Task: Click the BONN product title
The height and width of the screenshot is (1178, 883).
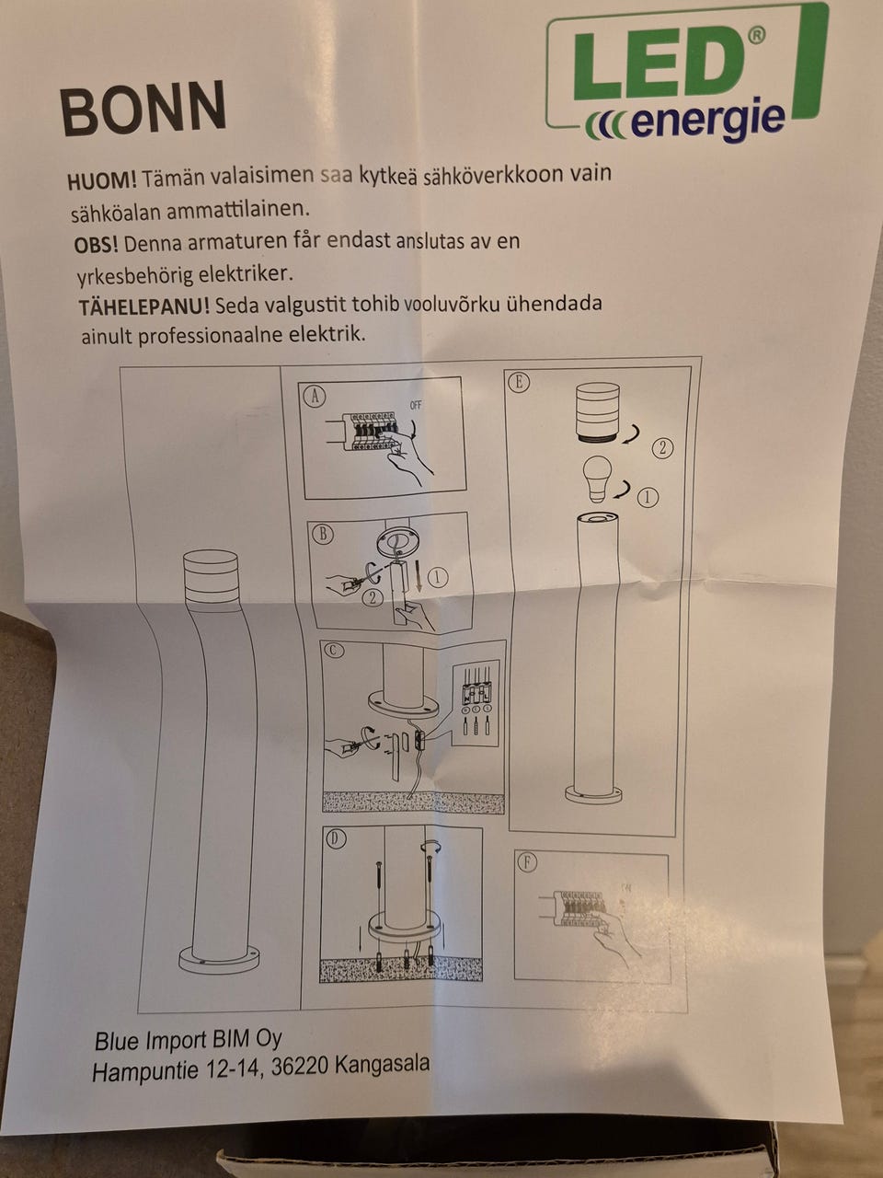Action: click(x=143, y=109)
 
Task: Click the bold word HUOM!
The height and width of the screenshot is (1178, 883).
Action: click(x=102, y=179)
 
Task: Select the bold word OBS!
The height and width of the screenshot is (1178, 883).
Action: click(x=96, y=246)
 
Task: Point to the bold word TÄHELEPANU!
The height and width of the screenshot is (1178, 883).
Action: click(x=144, y=307)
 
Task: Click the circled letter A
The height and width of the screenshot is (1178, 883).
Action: click(x=315, y=396)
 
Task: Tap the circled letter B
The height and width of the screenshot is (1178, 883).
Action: click(x=323, y=534)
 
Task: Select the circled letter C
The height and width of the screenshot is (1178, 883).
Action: click(x=333, y=650)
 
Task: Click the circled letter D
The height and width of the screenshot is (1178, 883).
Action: click(x=336, y=839)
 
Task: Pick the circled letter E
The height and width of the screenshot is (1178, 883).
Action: click(x=519, y=382)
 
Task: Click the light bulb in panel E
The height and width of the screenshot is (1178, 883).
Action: click(x=597, y=479)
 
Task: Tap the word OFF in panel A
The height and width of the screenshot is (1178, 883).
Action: click(x=416, y=405)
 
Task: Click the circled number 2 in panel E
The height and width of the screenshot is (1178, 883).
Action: click(x=662, y=447)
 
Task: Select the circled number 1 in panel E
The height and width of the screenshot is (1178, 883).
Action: click(x=648, y=498)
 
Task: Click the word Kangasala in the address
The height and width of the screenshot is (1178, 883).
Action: click(x=382, y=1064)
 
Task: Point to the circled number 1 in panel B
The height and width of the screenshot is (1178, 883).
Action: click(x=439, y=577)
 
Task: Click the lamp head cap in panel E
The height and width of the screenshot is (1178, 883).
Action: click(x=597, y=412)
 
